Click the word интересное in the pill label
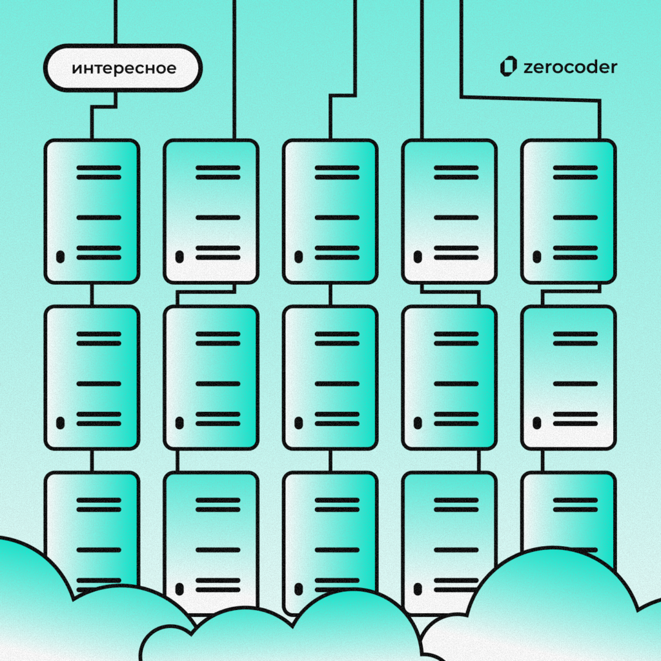point(124,68)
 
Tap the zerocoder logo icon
point(509,66)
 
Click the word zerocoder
point(571,67)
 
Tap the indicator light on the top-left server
point(60,257)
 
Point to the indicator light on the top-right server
point(536,257)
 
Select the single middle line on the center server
point(337,383)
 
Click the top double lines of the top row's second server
point(218,172)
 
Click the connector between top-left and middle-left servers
point(92,294)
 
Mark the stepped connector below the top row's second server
point(206,292)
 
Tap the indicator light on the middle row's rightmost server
point(536,423)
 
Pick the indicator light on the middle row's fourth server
point(418,423)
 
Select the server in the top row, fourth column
point(449,211)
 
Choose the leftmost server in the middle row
point(92,377)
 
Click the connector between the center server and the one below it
point(330,460)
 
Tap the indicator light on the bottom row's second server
point(179,589)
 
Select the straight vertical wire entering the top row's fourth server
point(422,70)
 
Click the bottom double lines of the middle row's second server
point(218,418)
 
